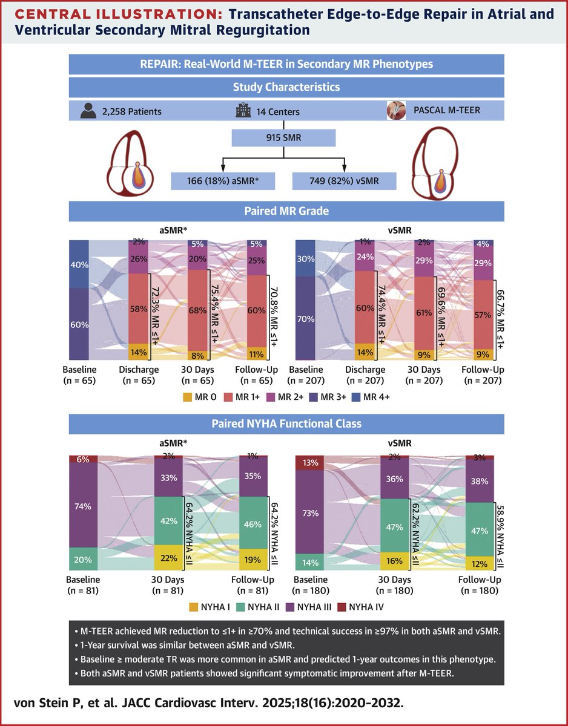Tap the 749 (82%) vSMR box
pyautogui.click(x=344, y=180)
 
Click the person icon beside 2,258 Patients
pyautogui.click(x=90, y=110)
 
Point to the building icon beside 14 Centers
pyautogui.click(x=242, y=110)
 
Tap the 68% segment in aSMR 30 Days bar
pyautogui.click(x=197, y=310)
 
